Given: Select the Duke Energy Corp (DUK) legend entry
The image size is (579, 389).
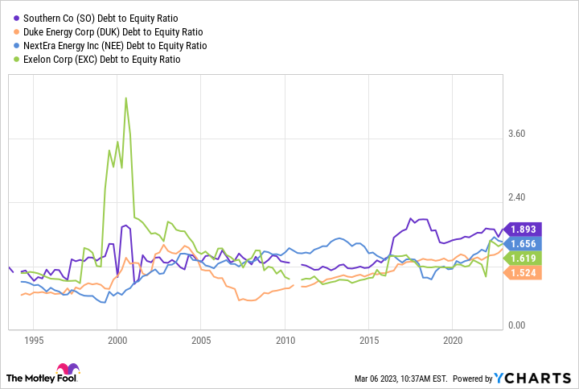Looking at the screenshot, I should click(x=100, y=32).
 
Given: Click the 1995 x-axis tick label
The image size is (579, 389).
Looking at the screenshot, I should click(x=33, y=341).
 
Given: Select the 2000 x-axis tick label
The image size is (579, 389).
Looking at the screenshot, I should click(x=117, y=341).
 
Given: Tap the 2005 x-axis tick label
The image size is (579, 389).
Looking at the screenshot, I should click(x=201, y=341).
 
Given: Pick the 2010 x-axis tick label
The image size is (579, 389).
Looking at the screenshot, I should click(x=285, y=341).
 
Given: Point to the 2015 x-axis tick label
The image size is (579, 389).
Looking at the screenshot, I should click(x=368, y=341).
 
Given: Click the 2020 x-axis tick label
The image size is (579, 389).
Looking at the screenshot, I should click(x=452, y=341).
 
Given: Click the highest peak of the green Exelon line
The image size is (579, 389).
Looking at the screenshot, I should click(x=125, y=98).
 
